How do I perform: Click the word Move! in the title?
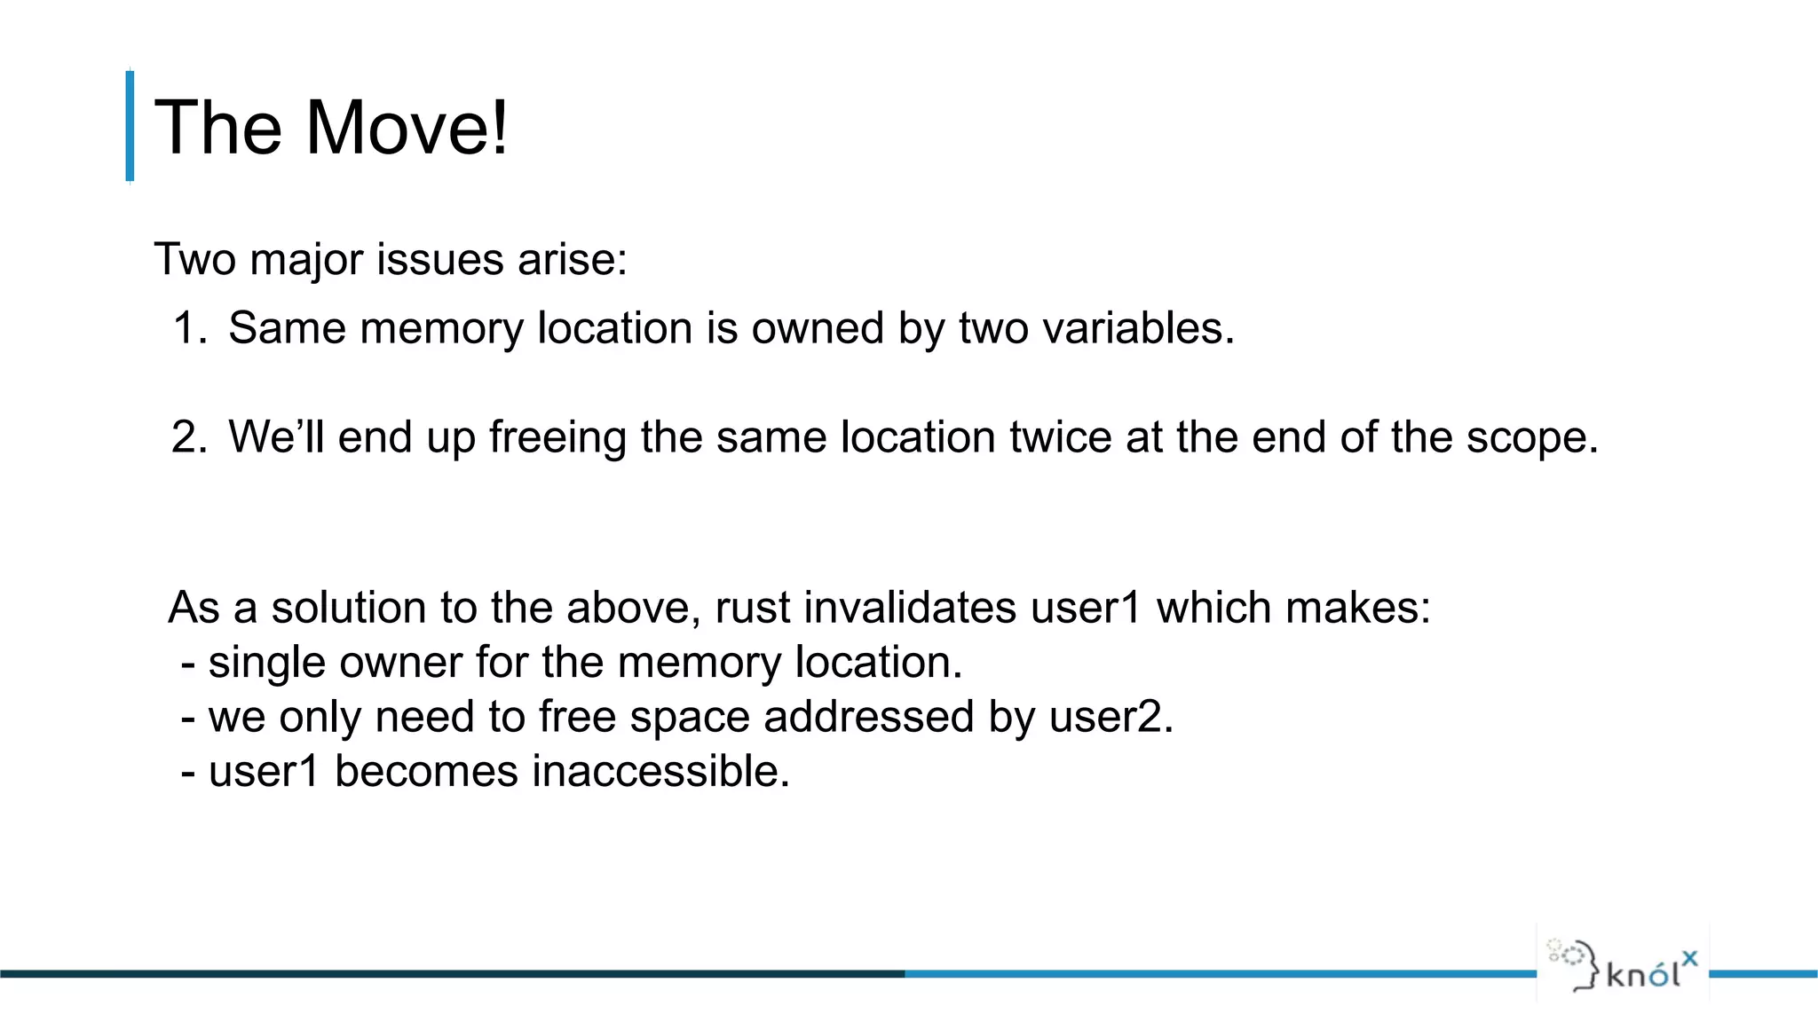tap(407, 128)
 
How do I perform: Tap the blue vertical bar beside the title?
tap(130, 126)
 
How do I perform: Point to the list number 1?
tap(189, 328)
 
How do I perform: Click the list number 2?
tap(189, 437)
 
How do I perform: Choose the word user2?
tap(1111, 717)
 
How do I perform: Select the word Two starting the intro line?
tap(196, 260)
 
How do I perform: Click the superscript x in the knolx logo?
tap(1689, 957)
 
